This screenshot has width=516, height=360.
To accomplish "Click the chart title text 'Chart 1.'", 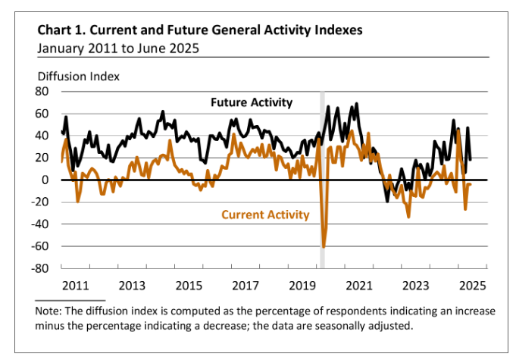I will (61, 31).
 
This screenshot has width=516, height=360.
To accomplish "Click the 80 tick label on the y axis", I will (42, 92).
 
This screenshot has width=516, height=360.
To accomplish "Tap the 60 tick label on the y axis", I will (42, 114).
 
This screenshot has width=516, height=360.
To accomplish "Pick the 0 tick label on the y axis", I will (45, 180).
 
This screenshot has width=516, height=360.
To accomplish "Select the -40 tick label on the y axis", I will (40, 224).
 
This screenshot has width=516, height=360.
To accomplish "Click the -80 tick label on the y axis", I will (40, 268).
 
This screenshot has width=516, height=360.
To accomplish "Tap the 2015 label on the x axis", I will (189, 286).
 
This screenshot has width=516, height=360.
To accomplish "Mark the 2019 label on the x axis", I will (302, 286).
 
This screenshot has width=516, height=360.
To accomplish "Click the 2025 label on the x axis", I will (472, 286).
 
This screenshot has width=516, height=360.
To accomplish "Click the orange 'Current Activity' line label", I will (265, 214).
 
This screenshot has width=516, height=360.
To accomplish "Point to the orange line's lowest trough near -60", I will (324, 246).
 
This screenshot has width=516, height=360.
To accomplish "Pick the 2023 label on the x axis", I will (416, 286).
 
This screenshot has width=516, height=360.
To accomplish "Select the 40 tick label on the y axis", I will (42, 136).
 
